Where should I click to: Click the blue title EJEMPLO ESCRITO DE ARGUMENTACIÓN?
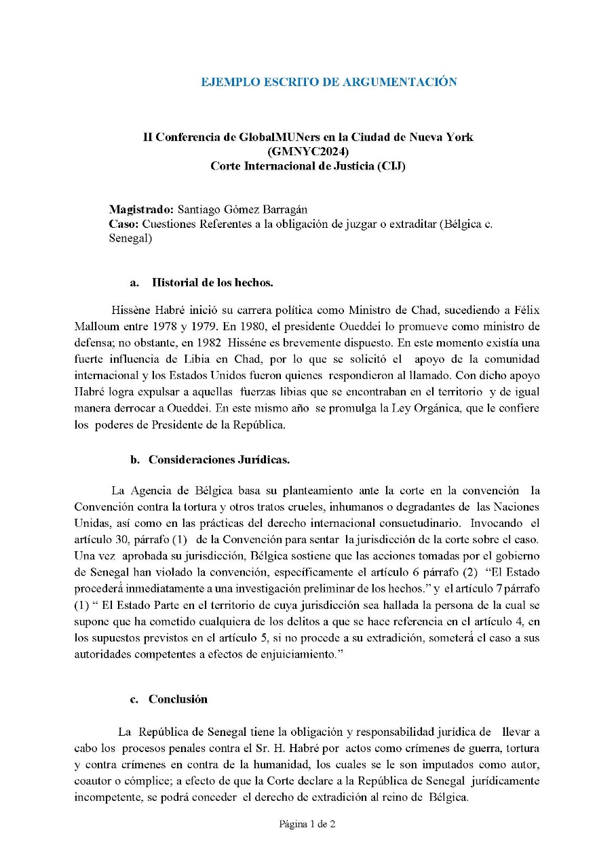(328, 82)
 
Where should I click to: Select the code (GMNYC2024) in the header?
(308, 151)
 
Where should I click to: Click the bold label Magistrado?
(141, 209)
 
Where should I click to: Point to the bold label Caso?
(124, 224)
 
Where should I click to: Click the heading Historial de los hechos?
(212, 281)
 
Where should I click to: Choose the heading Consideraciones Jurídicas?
(219, 459)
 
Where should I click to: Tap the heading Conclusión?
(178, 699)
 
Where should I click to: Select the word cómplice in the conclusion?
(165, 781)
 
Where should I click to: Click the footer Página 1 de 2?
(307, 825)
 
